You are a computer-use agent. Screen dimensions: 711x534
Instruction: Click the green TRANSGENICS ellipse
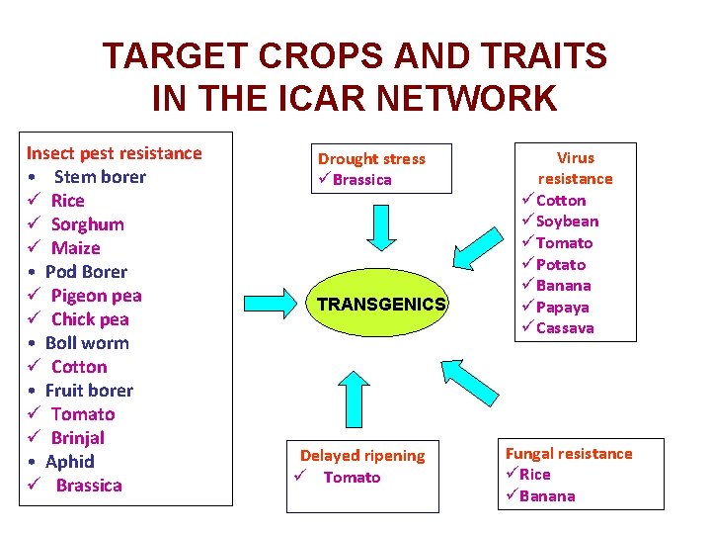[x=381, y=304]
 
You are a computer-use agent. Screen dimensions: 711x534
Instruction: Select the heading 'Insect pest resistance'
[x=114, y=153]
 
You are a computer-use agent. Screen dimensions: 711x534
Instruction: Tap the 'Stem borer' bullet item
[x=99, y=177]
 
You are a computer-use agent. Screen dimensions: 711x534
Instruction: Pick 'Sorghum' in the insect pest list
[x=87, y=224]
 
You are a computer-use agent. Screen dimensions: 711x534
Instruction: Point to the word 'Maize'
[x=75, y=248]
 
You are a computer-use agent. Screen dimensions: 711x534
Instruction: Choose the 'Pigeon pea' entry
[x=96, y=296]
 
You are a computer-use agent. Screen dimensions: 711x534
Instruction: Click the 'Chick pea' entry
[x=90, y=319]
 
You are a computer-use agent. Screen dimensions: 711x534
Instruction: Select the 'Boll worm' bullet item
[x=87, y=343]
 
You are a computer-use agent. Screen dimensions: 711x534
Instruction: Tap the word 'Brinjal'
[x=77, y=438]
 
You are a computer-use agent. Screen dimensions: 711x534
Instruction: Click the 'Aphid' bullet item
[x=69, y=462]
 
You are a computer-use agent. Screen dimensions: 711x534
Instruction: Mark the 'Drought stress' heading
[x=371, y=159]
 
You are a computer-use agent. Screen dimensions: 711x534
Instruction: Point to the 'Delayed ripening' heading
[x=362, y=456]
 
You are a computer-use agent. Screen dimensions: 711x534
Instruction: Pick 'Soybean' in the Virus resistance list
[x=567, y=222]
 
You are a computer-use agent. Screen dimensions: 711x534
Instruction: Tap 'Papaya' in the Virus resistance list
[x=562, y=307]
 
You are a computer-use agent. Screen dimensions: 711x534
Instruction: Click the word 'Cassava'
[x=565, y=328]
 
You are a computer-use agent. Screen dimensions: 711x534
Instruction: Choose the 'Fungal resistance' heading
[x=569, y=454]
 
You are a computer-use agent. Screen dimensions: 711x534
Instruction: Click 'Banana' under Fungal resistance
[x=547, y=496]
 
